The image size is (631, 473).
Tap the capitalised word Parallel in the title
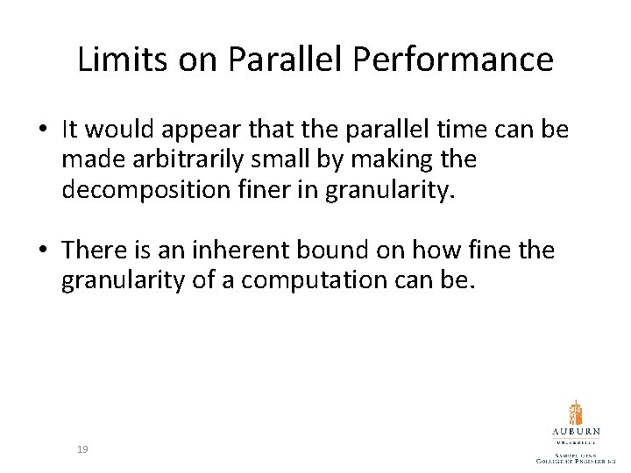coord(290,60)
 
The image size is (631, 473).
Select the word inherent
coord(247,252)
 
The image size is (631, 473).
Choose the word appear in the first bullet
coord(196,130)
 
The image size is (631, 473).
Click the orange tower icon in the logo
coord(576,413)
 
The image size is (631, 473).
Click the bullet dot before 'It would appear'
coord(44,131)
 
